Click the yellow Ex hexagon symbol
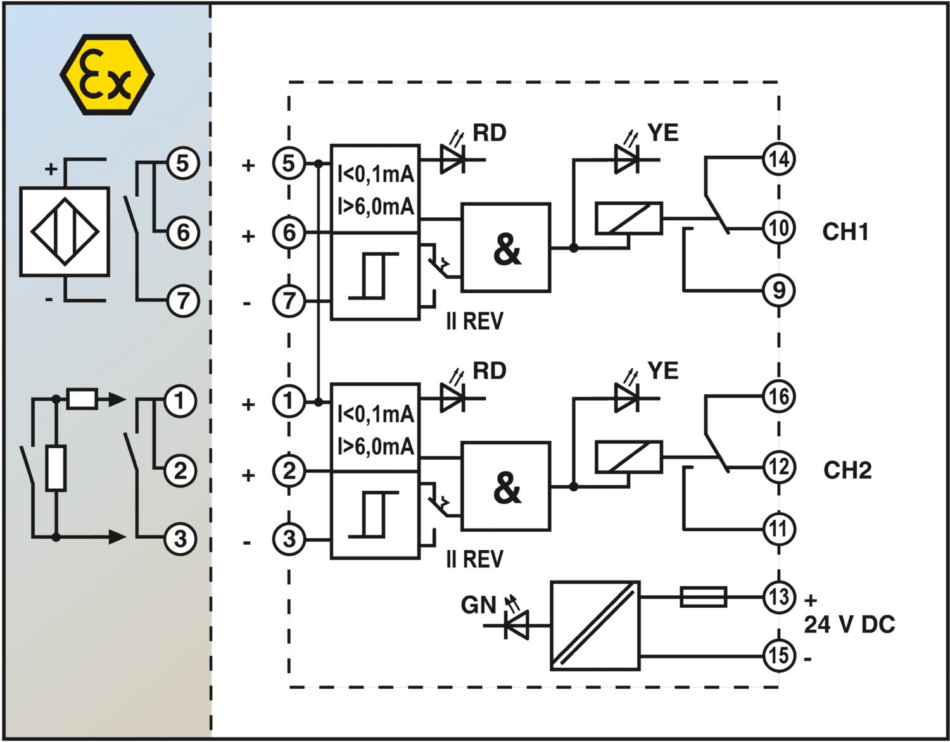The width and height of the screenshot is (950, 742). pos(107,75)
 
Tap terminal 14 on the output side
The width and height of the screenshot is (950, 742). pos(779,159)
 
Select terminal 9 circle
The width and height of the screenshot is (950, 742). pos(779,291)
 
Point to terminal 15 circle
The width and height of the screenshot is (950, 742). pos(779,655)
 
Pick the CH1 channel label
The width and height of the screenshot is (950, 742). pos(845,232)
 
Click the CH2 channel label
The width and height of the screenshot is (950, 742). pos(847,470)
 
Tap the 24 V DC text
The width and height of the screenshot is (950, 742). pos(849,625)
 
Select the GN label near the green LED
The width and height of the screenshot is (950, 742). pos(479,605)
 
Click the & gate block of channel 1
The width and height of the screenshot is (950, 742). pos(506,248)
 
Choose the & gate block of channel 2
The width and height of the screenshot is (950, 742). pos(506,486)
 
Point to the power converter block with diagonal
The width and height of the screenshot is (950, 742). pos(595,626)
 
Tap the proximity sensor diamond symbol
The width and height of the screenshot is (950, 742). pos(65,232)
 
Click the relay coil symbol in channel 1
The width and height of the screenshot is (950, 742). pos(629,218)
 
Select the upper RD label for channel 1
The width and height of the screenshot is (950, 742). pos(489,132)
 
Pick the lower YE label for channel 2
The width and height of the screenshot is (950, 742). pos(663,370)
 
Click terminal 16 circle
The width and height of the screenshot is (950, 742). pos(779,397)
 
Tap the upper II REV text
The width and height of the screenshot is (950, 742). pos(474,321)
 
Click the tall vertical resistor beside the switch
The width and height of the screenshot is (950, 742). pos(56,468)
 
